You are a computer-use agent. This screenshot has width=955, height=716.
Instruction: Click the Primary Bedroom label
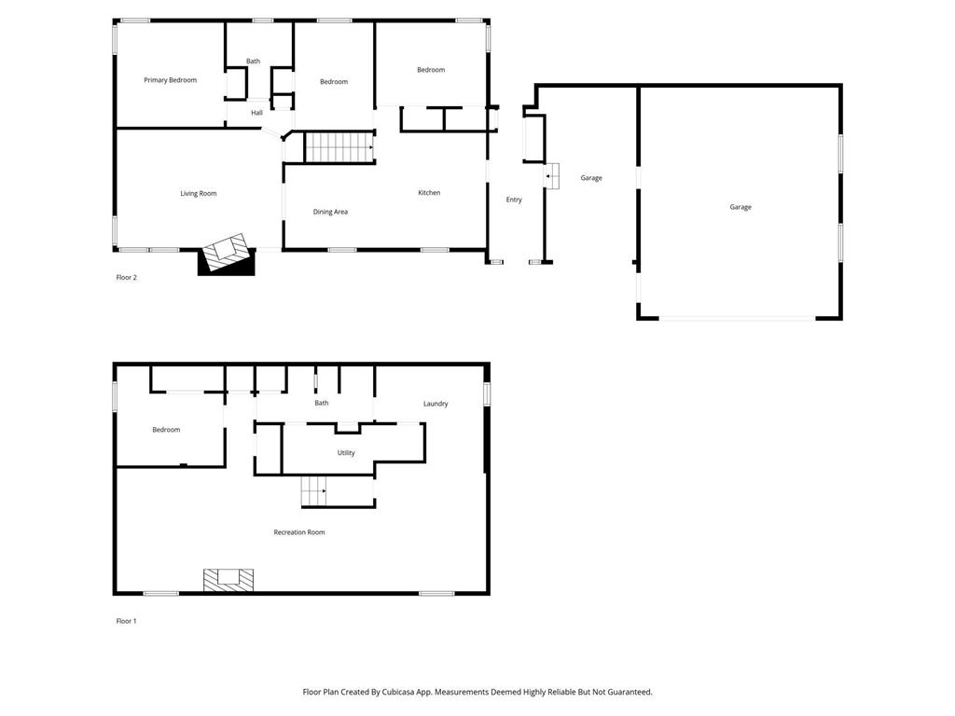[x=170, y=80]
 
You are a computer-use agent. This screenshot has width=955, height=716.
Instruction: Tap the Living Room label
[x=198, y=194]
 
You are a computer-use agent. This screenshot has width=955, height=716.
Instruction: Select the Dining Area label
[x=330, y=212]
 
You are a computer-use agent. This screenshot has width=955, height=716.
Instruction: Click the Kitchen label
[x=429, y=193]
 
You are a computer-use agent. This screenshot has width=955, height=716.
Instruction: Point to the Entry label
[x=514, y=200]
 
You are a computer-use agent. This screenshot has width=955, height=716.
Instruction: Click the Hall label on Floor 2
[x=256, y=113]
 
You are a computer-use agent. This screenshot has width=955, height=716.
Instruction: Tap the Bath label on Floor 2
[x=253, y=62]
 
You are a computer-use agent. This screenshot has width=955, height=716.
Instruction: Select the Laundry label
[x=436, y=404]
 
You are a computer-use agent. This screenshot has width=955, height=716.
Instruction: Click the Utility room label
[x=346, y=453]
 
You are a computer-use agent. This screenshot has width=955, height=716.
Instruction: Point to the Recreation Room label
[x=298, y=532]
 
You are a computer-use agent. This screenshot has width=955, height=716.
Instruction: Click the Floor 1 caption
[x=126, y=621]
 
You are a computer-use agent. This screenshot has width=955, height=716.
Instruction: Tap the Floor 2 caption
[x=126, y=277]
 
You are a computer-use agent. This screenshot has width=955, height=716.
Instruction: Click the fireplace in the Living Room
[x=228, y=253]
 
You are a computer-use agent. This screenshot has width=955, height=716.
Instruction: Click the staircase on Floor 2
[x=339, y=147]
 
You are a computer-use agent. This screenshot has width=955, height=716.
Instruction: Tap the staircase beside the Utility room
[x=314, y=490]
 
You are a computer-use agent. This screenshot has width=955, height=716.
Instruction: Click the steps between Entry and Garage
[x=552, y=175]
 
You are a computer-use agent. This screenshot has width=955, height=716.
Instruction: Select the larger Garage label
[x=740, y=207]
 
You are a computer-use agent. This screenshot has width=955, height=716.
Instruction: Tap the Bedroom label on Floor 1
[x=166, y=430]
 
